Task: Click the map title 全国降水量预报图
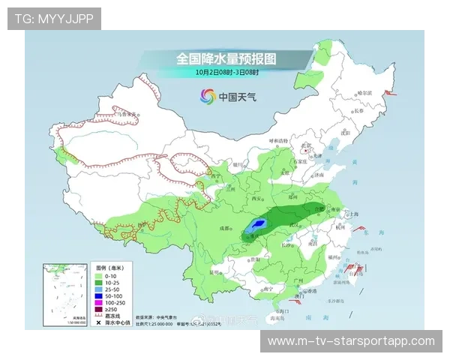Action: coord(226,58)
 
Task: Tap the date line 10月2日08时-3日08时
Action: coord(226,72)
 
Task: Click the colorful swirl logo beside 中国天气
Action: coord(207,96)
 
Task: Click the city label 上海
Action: coord(352,212)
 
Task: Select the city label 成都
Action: coord(223,227)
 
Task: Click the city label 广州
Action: coord(298,280)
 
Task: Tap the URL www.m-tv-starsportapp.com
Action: coord(351,341)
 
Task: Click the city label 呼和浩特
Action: coord(279,141)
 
